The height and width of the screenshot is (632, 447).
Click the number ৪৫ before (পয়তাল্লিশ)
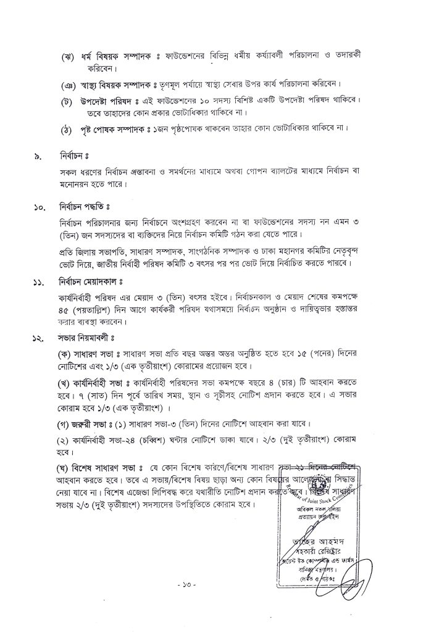tap(63, 312)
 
